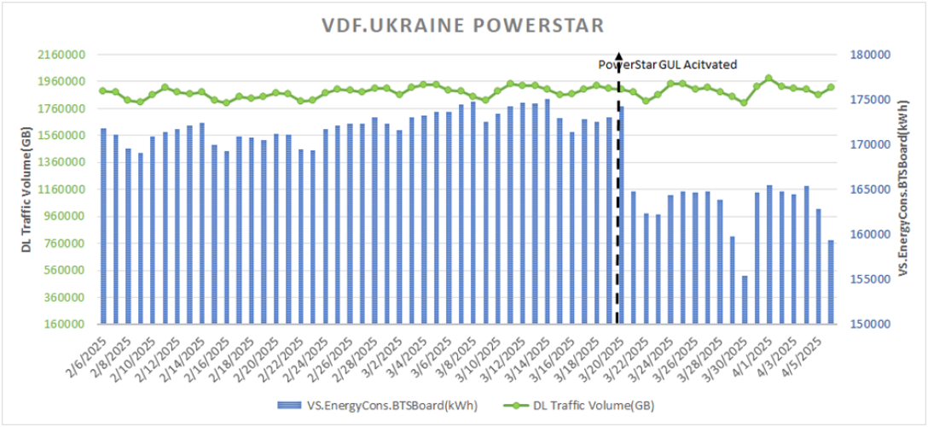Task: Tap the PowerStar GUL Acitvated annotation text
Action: (x=667, y=64)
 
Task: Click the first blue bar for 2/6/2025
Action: (x=103, y=226)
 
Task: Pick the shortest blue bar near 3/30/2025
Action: (x=745, y=300)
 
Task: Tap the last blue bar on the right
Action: (x=831, y=282)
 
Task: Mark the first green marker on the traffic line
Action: (x=103, y=91)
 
